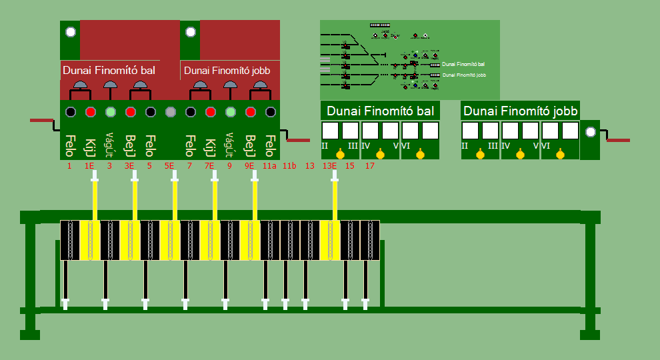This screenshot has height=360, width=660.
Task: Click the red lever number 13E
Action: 329,166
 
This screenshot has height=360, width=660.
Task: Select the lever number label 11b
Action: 289,166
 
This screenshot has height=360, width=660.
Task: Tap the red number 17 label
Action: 369,166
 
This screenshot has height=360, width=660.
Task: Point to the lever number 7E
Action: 209,166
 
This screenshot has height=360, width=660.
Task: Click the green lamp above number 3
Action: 110,112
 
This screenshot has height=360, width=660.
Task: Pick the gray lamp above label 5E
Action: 170,112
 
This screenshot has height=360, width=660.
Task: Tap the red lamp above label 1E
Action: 90,112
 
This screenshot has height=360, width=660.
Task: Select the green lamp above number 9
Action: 230,112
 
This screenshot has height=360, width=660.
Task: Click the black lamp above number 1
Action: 70,112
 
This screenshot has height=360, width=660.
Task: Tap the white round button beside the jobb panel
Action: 590,132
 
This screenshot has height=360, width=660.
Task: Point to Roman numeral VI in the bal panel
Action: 406,145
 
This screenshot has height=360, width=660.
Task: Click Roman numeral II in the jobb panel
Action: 465,145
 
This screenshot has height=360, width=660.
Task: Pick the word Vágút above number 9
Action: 230,141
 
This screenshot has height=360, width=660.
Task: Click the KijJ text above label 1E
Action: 90,143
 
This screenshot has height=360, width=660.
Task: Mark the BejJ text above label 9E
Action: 250,144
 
